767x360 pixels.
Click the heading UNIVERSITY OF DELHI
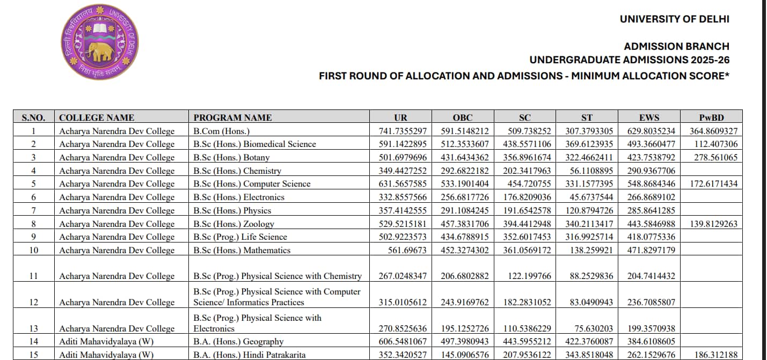click(x=674, y=19)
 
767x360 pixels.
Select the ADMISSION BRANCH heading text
click(x=676, y=46)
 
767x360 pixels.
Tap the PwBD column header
click(x=712, y=117)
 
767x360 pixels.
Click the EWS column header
click(x=649, y=117)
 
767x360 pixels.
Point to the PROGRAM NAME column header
click(x=232, y=117)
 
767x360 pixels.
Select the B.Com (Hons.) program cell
click(x=222, y=131)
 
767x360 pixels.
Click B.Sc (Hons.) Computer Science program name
click(x=252, y=183)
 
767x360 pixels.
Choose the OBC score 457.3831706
click(x=463, y=224)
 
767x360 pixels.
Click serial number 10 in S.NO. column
click(x=33, y=250)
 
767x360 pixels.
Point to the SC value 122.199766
click(x=529, y=276)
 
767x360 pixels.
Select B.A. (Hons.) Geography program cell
click(x=238, y=341)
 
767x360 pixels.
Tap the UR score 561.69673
click(x=407, y=250)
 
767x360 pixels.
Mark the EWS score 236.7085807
click(x=651, y=302)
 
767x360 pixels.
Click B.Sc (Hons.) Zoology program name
click(x=233, y=224)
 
